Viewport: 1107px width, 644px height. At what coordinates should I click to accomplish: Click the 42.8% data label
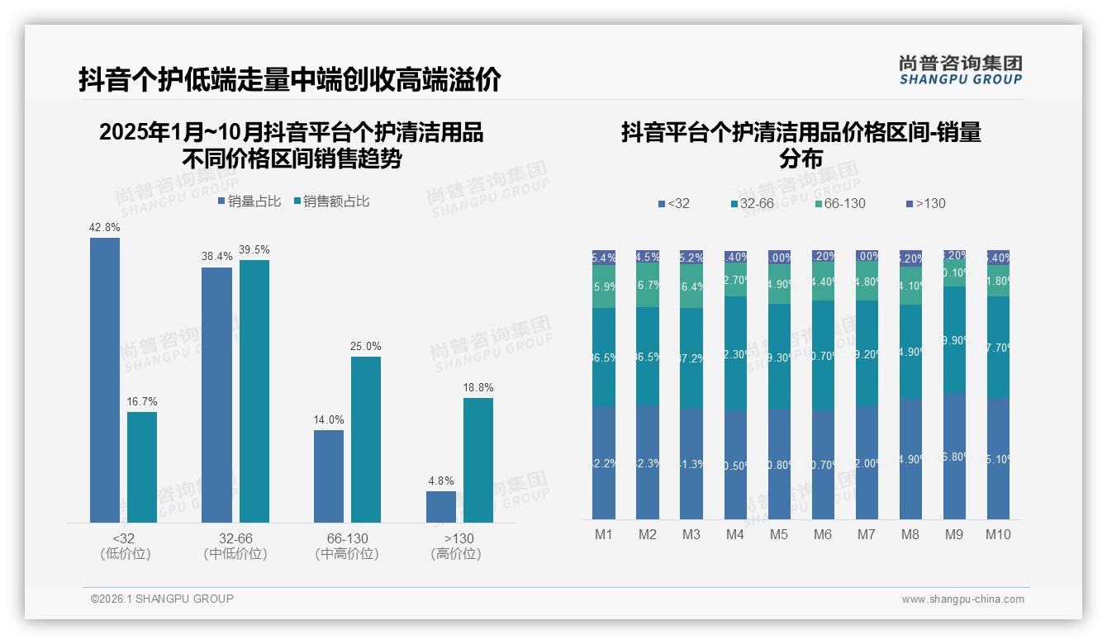(x=105, y=227)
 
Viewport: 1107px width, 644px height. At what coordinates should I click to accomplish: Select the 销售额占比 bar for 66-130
(x=366, y=439)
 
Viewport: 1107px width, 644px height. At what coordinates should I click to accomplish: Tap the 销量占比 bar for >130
(x=441, y=507)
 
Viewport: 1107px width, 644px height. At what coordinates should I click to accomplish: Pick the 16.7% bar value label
(x=142, y=401)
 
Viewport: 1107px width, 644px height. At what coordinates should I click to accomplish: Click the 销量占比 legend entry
(x=249, y=201)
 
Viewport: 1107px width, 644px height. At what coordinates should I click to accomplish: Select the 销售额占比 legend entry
(x=331, y=201)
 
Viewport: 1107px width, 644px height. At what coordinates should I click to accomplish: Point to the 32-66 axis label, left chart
(x=235, y=538)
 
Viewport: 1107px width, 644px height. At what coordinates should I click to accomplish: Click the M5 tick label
(x=779, y=534)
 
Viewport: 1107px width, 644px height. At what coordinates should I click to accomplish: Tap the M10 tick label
(x=998, y=534)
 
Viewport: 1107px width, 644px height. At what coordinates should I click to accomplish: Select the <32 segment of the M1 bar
(x=604, y=462)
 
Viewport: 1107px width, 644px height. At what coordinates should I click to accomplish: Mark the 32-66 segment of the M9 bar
(x=954, y=340)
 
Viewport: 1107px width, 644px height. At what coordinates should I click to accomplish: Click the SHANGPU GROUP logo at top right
(x=960, y=70)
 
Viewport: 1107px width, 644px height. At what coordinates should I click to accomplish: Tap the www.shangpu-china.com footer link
(x=962, y=599)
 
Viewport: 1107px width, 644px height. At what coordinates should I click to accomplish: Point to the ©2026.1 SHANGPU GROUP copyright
(x=162, y=599)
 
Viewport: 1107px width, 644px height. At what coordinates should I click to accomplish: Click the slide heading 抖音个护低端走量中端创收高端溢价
(x=289, y=80)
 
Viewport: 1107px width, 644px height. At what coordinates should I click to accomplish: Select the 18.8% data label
(x=477, y=387)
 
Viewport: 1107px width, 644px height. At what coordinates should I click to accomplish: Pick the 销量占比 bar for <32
(x=105, y=380)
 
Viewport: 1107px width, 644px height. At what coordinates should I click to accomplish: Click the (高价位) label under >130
(x=456, y=554)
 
